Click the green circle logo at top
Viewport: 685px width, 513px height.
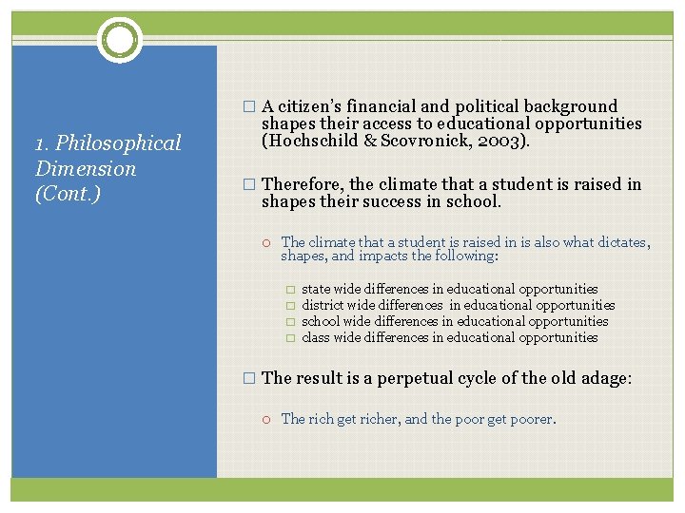[120, 40]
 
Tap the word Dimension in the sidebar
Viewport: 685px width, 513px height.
[86, 169]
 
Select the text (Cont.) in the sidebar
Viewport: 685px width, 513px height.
[68, 194]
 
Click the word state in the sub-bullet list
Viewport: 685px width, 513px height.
[317, 289]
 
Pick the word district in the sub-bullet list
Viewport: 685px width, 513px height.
[323, 305]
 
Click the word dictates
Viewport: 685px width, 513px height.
[619, 242]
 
